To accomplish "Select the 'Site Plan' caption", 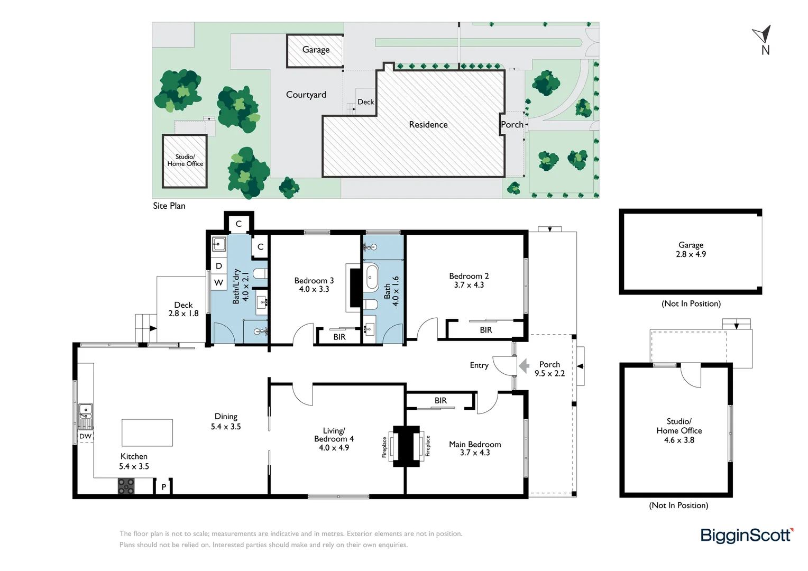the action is (169, 206).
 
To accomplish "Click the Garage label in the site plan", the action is (316, 50).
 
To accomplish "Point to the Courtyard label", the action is (306, 95).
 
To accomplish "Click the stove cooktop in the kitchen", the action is (126, 486).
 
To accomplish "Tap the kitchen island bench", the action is (147, 432).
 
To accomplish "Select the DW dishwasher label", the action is (86, 436).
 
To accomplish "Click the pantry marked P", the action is (164, 486).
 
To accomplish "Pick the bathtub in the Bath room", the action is (372, 277).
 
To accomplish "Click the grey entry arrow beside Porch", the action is (524, 366).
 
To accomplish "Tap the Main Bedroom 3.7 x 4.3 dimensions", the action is (475, 453).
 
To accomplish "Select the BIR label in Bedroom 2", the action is (486, 330).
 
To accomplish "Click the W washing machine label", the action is (218, 282).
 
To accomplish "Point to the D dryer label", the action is (218, 266).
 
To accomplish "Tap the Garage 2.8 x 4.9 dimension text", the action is (691, 254).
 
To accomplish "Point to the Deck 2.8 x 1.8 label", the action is (183, 309).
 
